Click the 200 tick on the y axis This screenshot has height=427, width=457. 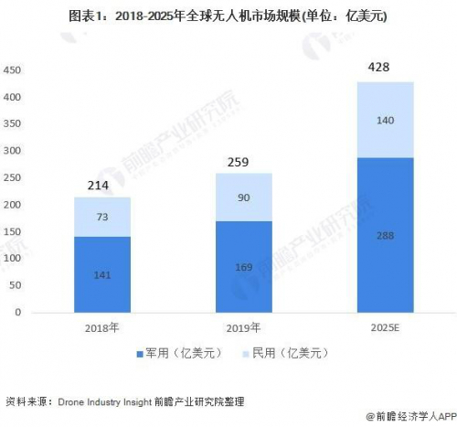12,205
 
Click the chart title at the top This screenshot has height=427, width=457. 228,16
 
